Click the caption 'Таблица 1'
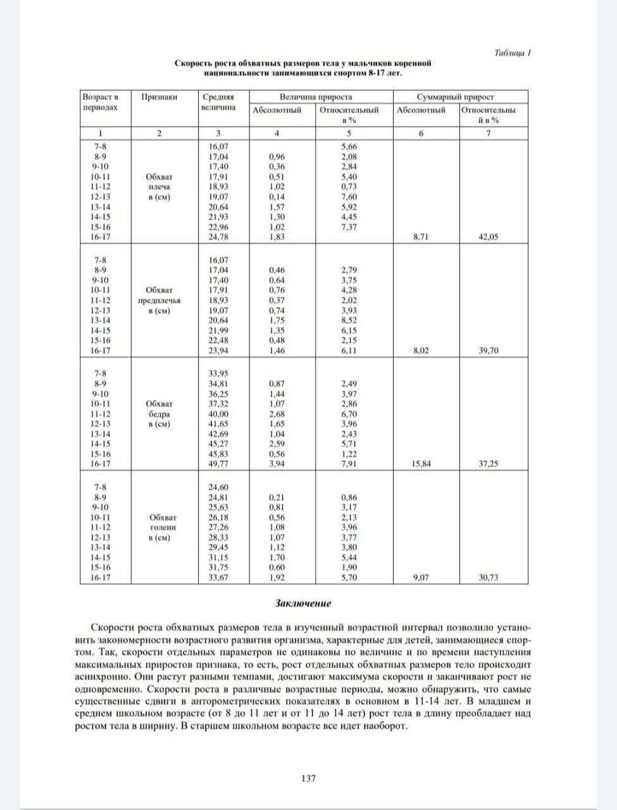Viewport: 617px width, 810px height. click(x=512, y=53)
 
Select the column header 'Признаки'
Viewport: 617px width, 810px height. click(x=159, y=97)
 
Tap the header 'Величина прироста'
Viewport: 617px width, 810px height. click(x=316, y=97)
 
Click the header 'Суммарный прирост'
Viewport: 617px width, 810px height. click(x=455, y=97)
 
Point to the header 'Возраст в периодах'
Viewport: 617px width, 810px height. click(x=101, y=102)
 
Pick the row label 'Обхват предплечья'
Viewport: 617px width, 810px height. click(x=159, y=301)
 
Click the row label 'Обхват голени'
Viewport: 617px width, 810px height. click(x=159, y=527)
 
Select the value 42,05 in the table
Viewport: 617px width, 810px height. click(x=488, y=237)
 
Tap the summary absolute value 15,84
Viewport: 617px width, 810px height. click(x=421, y=464)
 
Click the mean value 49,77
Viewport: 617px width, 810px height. click(x=218, y=464)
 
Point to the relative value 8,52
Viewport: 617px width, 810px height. click(x=349, y=320)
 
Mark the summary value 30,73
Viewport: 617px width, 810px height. click(x=488, y=577)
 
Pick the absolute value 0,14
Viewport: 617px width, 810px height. click(x=277, y=197)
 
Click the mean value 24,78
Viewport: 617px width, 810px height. click(x=218, y=237)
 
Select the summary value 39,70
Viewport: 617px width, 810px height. click(x=488, y=351)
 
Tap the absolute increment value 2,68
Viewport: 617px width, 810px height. click(x=277, y=414)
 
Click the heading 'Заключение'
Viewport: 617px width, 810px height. click(x=303, y=603)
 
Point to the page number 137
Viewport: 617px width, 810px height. click(x=308, y=778)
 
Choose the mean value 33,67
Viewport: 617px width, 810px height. click(x=218, y=577)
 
